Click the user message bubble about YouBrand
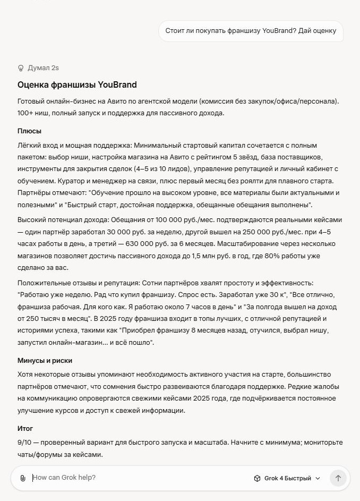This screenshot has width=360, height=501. [x=251, y=31]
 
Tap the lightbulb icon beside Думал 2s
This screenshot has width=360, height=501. [x=21, y=68]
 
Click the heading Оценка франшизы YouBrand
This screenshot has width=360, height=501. [x=77, y=84]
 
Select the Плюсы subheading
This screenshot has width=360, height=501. [x=29, y=131]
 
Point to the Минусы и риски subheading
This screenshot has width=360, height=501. [x=45, y=361]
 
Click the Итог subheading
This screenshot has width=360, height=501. [x=25, y=428]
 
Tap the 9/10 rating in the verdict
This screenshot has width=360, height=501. [x=24, y=442]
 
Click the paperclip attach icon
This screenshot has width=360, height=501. [x=23, y=478]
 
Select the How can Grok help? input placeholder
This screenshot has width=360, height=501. [x=64, y=478]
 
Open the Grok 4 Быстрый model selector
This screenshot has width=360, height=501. [x=287, y=478]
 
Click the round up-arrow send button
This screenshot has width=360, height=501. [x=338, y=478]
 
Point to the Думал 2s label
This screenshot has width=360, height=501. [x=43, y=68]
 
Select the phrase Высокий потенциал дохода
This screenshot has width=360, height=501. [x=62, y=219]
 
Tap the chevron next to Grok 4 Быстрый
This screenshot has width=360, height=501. [x=318, y=478]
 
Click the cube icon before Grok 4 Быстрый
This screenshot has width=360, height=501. [x=258, y=478]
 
